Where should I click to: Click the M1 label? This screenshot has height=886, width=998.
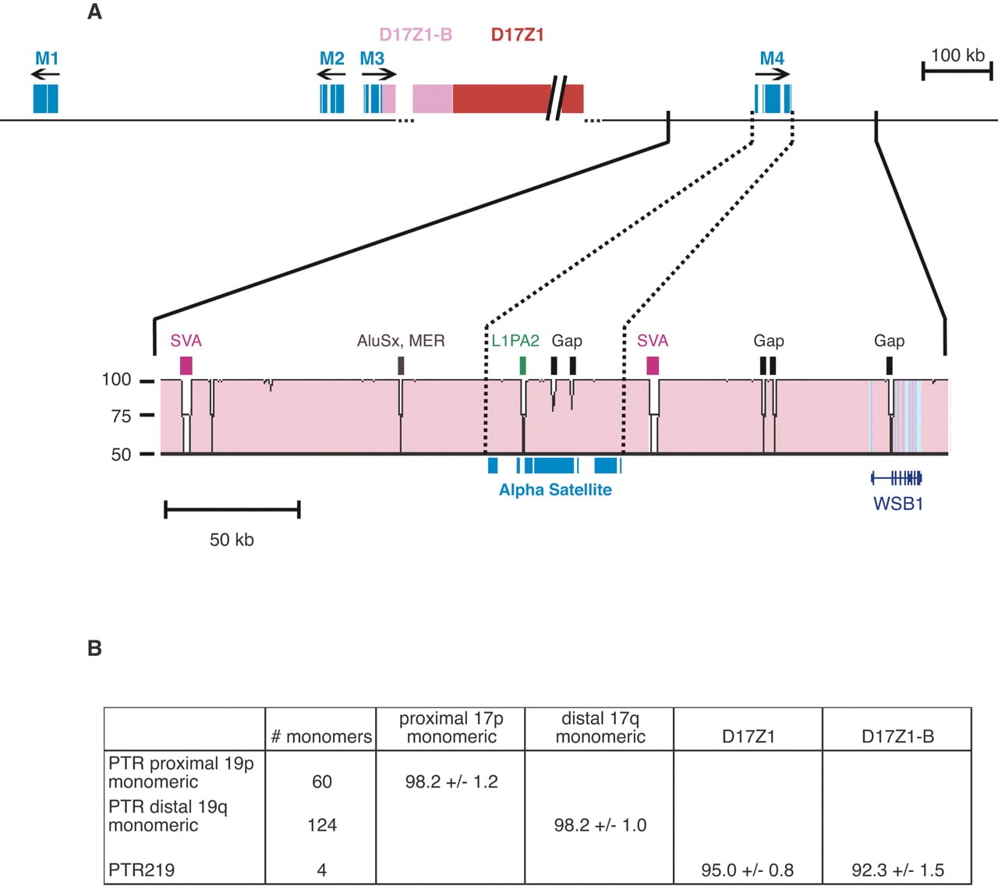[47, 58]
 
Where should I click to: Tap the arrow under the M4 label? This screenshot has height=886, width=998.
[773, 74]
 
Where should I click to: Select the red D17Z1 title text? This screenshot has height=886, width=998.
[517, 34]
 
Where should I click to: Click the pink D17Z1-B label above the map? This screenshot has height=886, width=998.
[416, 34]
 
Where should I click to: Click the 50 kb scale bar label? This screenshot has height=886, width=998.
[232, 540]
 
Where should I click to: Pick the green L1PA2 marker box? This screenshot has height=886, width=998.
[522, 366]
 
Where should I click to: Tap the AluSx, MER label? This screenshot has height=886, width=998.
[401, 341]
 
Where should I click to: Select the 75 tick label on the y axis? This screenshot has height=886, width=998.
[121, 416]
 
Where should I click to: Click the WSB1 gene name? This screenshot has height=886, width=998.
[898, 504]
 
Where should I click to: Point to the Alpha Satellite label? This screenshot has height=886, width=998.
[555, 489]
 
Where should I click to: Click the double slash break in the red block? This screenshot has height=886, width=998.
[557, 98]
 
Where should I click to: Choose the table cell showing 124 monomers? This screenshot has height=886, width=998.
[322, 825]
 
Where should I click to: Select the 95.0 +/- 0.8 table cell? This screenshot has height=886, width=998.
[747, 870]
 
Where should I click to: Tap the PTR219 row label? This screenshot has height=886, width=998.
[141, 870]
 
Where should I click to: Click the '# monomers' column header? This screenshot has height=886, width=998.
[321, 737]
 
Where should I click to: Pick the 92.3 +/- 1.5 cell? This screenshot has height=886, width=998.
[897, 870]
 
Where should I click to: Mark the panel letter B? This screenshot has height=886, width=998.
[94, 648]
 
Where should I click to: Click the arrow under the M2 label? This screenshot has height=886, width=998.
[331, 74]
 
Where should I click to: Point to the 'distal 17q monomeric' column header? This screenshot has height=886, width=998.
[600, 728]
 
